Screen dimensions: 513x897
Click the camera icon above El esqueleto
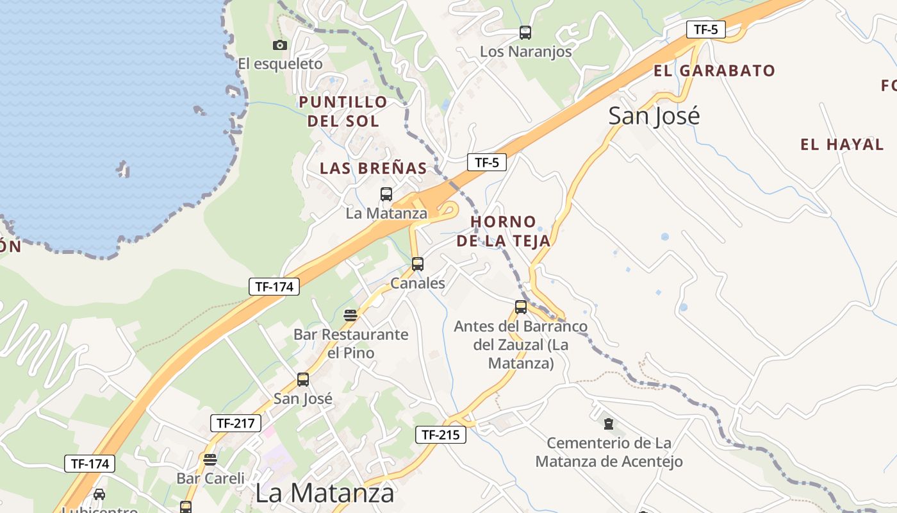pyautogui.click(x=279, y=45)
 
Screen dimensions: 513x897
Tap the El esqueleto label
pyautogui.click(x=280, y=64)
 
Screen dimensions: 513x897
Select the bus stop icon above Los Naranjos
pyautogui.click(x=525, y=33)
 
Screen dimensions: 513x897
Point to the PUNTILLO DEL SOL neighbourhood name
pyautogui.click(x=343, y=111)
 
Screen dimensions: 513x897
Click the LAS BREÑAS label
pyautogui.click(x=374, y=169)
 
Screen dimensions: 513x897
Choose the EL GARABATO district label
pyautogui.click(x=714, y=71)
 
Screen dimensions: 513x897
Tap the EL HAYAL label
pyautogui.click(x=842, y=145)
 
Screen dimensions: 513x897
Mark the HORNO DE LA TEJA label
pyautogui.click(x=511, y=231)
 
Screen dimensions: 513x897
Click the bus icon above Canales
pyautogui.click(x=418, y=264)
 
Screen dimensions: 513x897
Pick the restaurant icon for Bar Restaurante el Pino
pyautogui.click(x=350, y=315)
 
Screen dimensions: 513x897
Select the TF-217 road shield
pyautogui.click(x=236, y=423)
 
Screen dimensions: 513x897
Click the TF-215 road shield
pyautogui.click(x=440, y=435)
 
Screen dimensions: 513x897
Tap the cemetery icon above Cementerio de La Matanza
pyautogui.click(x=608, y=423)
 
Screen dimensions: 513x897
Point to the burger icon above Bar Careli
pyautogui.click(x=210, y=459)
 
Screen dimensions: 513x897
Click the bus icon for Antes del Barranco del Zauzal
pyautogui.click(x=521, y=307)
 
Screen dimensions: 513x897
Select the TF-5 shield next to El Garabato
pyautogui.click(x=705, y=29)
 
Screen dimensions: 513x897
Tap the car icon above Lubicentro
pyautogui.click(x=99, y=494)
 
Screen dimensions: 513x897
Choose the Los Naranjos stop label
pyautogui.click(x=526, y=52)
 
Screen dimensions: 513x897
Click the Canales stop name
pyautogui.click(x=418, y=283)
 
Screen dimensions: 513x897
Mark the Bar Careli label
pyautogui.click(x=210, y=478)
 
